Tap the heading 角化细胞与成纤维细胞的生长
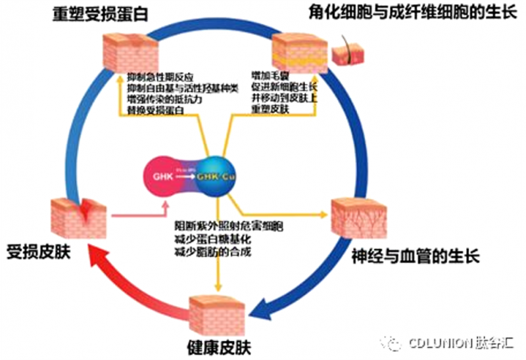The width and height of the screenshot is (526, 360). [x=415, y=14]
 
